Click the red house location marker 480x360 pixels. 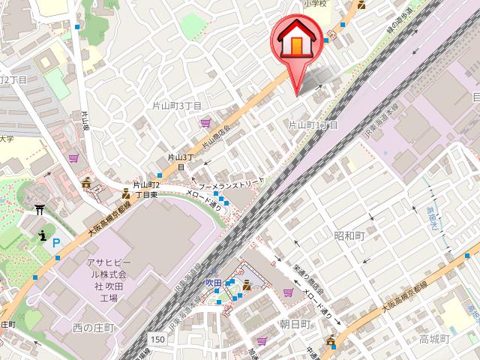[298, 45]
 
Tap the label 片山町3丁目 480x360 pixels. [178, 106]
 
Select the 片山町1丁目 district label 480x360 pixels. [313, 124]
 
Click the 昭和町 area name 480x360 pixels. [349, 235]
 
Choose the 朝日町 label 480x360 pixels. [295, 323]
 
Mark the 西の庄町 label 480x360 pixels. [93, 328]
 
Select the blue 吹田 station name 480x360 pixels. [214, 282]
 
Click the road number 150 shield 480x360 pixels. [156, 340]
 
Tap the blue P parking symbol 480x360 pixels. [56, 243]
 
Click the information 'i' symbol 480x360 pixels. [43, 236]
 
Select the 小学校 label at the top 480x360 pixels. [316, 4]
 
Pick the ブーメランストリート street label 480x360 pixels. [230, 183]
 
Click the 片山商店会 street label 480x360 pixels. [214, 131]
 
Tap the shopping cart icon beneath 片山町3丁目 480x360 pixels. [205, 123]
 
